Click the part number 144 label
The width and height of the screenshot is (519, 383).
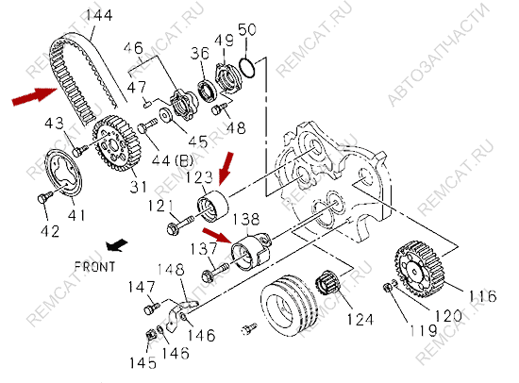(x=99, y=15)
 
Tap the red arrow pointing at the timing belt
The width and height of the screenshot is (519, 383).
(x=34, y=95)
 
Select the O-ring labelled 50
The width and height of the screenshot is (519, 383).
(x=247, y=68)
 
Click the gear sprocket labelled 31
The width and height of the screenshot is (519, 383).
(x=116, y=143)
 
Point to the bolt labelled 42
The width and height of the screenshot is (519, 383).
(x=44, y=197)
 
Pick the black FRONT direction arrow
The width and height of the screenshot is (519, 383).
(x=116, y=245)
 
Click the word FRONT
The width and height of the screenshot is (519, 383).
(x=94, y=267)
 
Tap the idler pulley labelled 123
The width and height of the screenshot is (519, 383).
(x=212, y=207)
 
